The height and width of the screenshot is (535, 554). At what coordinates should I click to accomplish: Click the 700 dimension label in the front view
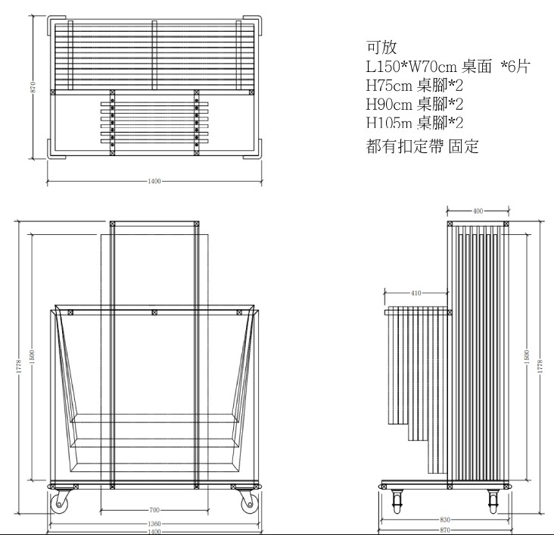coord(154,510)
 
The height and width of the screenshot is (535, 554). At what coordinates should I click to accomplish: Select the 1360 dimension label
coord(154,524)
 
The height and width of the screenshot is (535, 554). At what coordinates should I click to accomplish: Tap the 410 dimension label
coord(416,293)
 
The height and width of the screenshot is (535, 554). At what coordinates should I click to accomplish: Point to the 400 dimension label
coord(478,211)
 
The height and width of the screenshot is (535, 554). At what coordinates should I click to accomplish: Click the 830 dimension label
coord(445,519)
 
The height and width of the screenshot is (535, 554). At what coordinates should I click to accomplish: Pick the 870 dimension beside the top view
coord(33,87)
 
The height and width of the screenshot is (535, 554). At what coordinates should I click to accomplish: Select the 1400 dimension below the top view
coord(154,181)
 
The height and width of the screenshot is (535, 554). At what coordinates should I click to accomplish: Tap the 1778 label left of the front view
coord(19,366)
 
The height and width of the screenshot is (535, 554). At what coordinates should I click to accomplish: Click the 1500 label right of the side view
coord(527,357)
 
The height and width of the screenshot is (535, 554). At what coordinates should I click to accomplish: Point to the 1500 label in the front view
coord(32,357)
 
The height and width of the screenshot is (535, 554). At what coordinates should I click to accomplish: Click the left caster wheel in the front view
coord(60,502)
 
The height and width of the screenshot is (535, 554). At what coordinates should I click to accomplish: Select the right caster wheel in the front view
coord(249,502)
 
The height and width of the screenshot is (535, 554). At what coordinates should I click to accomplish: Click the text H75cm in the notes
coord(389,86)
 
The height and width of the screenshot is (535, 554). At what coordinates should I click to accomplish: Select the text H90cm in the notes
coord(389,104)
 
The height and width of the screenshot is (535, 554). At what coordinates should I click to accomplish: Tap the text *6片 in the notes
coord(516,66)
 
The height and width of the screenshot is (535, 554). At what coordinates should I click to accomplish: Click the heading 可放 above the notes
coord(381,47)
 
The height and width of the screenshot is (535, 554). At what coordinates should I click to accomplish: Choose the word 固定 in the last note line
coord(463,145)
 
